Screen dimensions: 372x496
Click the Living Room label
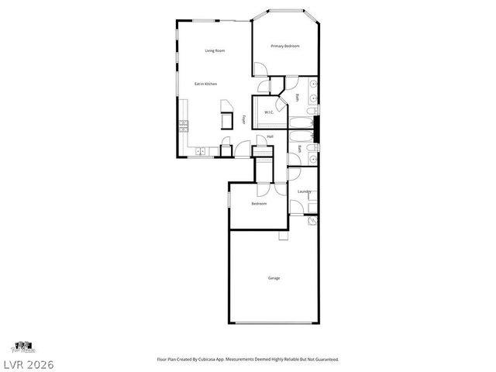coord(215,51)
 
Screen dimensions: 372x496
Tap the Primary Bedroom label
coord(284,46)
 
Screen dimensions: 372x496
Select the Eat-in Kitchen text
coord(205,83)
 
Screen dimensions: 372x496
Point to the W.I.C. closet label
coord(269,112)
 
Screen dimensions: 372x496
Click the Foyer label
coord(244,120)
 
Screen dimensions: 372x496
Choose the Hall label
coord(270,137)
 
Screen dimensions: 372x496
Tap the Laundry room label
coord(304,191)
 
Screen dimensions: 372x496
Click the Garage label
coord(274,277)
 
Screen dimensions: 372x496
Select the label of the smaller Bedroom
coord(259,203)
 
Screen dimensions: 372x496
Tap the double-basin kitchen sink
coord(200,151)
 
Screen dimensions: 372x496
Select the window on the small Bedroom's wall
coord(229,199)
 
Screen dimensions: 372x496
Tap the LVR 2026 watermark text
coord(27,363)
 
